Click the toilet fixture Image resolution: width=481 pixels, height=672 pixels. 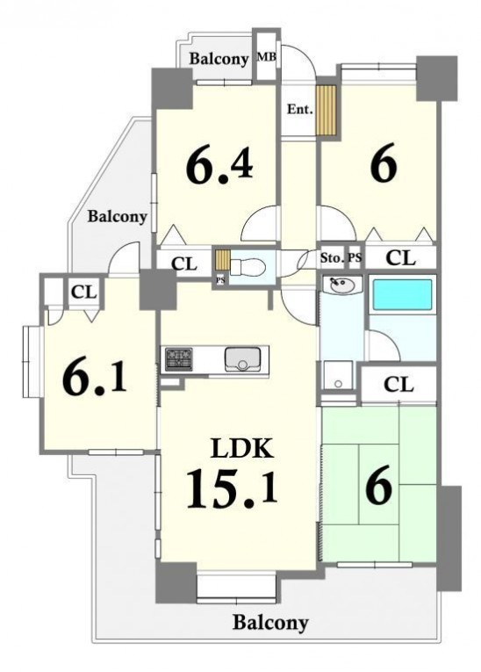tap(248, 266)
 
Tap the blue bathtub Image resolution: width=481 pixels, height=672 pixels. tap(402, 294)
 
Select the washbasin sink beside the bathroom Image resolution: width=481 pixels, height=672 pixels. tap(341, 285)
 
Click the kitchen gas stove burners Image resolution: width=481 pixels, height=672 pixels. tap(179, 358)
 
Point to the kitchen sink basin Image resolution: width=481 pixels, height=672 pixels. tap(242, 359)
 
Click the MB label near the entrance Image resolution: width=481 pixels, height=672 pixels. tap(266, 56)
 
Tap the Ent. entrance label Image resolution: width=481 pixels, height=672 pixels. tap(300, 109)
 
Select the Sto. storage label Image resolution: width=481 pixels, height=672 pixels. tap(332, 258)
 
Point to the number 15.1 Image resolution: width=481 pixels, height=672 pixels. tap(232, 488)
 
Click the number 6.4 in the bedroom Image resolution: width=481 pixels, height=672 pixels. tap(219, 165)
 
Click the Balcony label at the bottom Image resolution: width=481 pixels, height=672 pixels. tap(270, 622)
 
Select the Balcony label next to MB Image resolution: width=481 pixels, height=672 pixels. tap(219, 59)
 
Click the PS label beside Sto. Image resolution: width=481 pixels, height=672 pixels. tap(355, 258)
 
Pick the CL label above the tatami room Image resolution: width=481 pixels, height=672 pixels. tap(398, 385)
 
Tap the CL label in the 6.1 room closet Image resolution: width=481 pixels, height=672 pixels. tap(84, 293)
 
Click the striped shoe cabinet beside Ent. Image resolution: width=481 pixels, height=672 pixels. tap(326, 109)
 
